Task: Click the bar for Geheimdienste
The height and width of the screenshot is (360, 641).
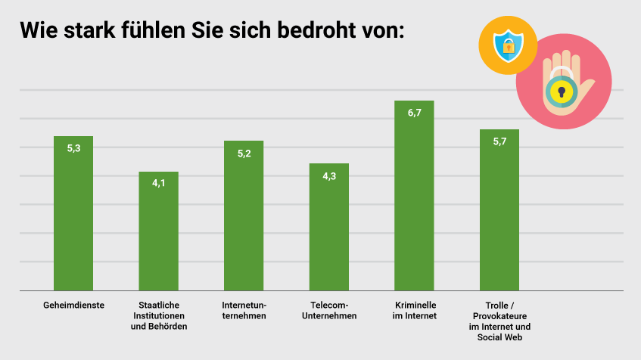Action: pos(73,219)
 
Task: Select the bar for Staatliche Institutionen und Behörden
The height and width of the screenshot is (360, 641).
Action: pos(158,234)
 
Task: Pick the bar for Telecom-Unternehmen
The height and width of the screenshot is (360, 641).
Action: pos(329,231)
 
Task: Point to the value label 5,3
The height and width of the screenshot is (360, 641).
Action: pos(73,149)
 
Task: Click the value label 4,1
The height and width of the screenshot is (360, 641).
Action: pos(158,184)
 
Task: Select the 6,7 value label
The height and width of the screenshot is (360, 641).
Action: pos(414,113)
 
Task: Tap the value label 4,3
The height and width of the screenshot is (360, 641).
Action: pos(329,176)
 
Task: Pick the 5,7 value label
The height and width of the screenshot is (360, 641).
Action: pos(499,141)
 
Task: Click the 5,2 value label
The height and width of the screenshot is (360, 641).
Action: pos(244,154)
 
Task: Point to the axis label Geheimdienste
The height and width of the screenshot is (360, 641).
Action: pos(73,305)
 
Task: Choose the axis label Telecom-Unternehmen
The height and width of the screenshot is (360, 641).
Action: pos(329,310)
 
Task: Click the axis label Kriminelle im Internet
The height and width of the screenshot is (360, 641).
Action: pos(414,310)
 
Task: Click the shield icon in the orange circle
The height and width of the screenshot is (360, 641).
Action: pos(508,46)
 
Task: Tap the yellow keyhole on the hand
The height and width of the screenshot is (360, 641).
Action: pos(561,92)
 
